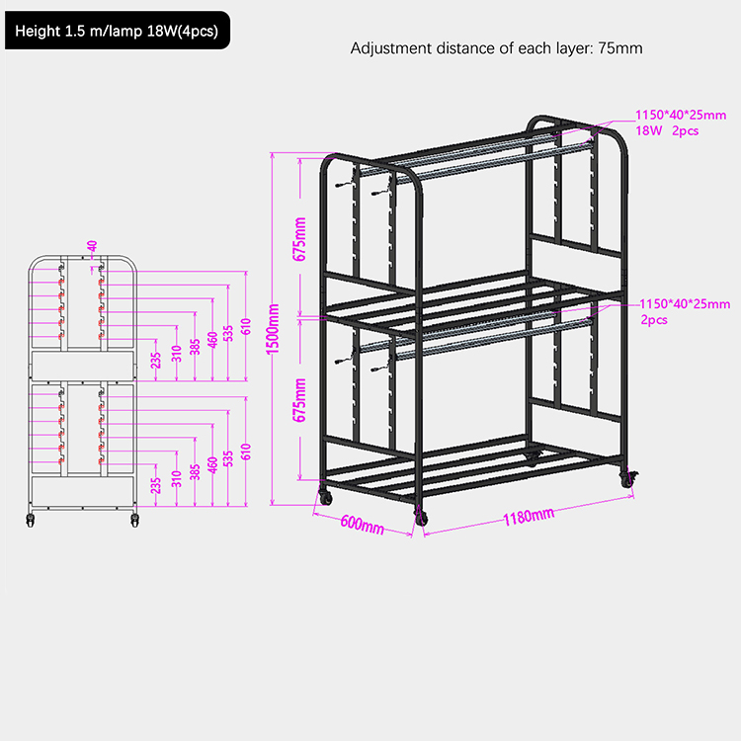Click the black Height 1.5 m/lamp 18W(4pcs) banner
[118, 31]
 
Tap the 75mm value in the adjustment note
[620, 48]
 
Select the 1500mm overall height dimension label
[273, 329]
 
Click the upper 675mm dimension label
[299, 239]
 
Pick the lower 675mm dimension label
[299, 400]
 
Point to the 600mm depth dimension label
[362, 524]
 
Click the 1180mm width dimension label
[529, 516]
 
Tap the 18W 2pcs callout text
[667, 130]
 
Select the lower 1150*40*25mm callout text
[685, 304]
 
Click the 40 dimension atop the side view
[92, 246]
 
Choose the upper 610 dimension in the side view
[246, 327]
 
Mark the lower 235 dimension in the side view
[156, 485]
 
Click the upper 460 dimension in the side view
[212, 340]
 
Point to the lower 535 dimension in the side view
[228, 458]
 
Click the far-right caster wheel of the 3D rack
[628, 479]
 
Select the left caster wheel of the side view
[31, 521]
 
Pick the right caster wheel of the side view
[134, 521]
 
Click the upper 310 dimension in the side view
[176, 354]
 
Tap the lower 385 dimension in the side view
[195, 471]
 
